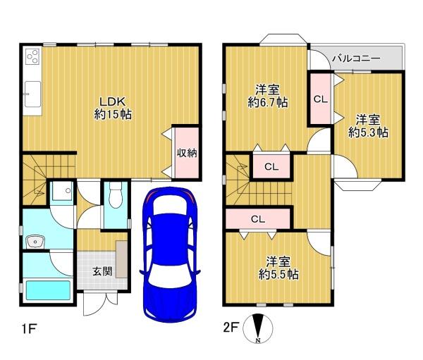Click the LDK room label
(x=113, y=102)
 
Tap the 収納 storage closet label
(x=187, y=153)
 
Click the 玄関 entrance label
(x=102, y=271)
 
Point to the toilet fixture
(x=116, y=195)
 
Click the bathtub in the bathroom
(x=48, y=290)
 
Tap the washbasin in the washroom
(x=35, y=242)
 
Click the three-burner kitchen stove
(x=32, y=57)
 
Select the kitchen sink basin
(x=33, y=94)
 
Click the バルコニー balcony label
(x=356, y=58)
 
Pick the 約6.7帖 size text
(x=268, y=102)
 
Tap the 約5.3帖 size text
(x=368, y=132)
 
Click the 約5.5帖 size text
(x=278, y=275)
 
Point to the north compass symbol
(x=258, y=328)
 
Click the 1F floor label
(x=29, y=329)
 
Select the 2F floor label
(x=231, y=328)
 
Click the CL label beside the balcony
(x=321, y=99)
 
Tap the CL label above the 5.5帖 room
(x=258, y=219)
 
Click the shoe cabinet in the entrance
(x=122, y=259)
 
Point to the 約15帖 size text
(x=113, y=114)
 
